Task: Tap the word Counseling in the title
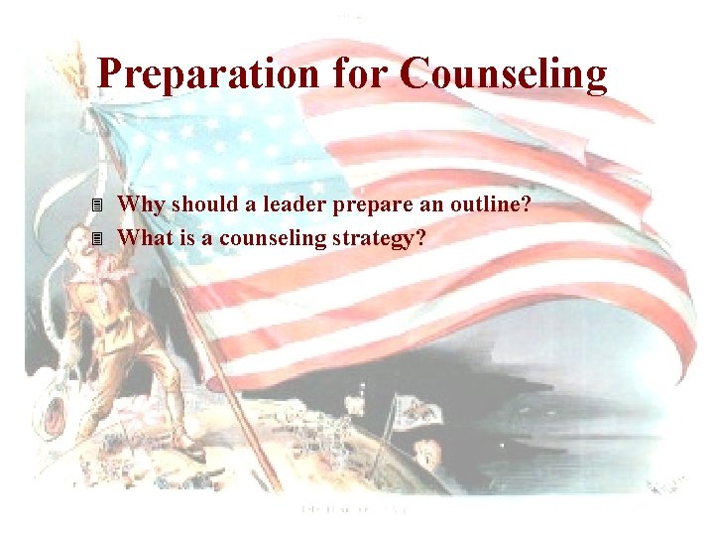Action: click(504, 73)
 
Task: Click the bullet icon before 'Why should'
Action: click(96, 206)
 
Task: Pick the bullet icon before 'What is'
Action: click(96, 239)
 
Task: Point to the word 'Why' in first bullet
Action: click(139, 205)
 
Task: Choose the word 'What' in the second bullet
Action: click(145, 238)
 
